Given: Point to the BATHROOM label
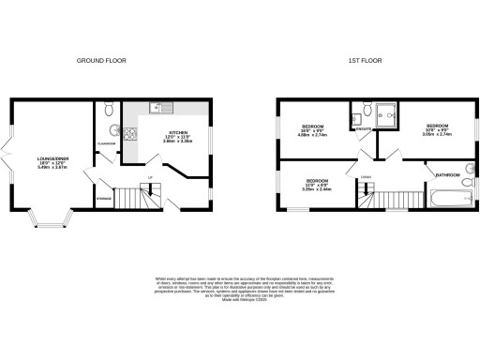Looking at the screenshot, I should [446, 172].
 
